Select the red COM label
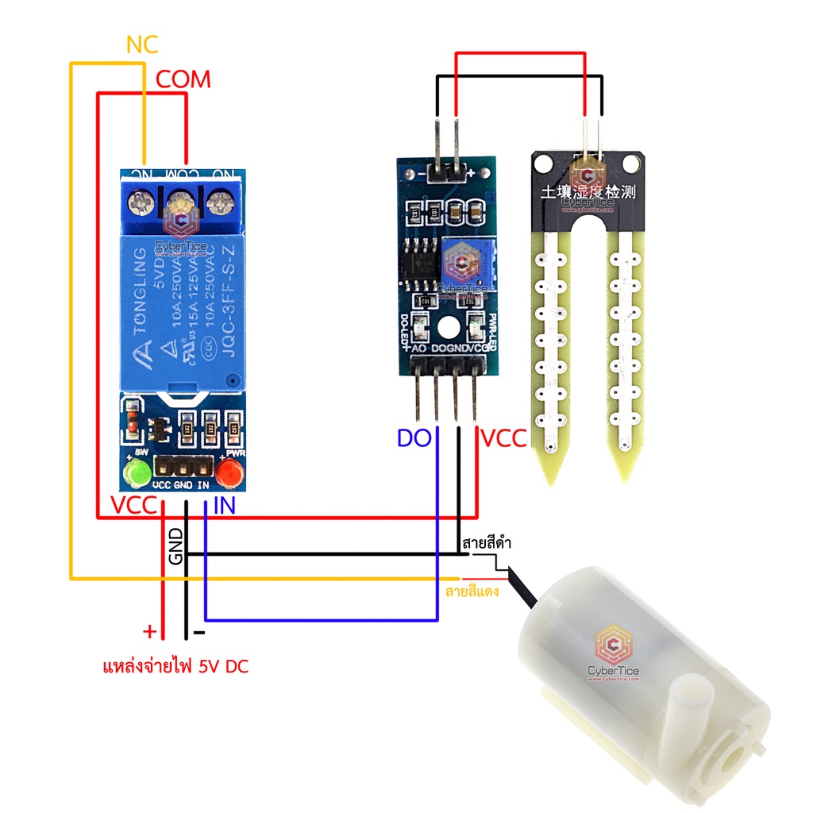point(183,79)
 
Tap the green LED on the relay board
point(136,476)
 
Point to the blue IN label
point(224,506)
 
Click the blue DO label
point(414,438)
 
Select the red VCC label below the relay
point(134,506)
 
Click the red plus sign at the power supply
point(148,632)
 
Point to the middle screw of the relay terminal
point(181,205)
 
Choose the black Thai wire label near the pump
point(485,545)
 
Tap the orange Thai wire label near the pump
point(472,591)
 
